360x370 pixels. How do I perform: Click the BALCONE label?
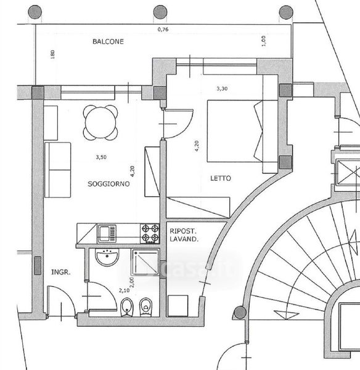coord(108,41)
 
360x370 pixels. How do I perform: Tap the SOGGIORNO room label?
coord(108,184)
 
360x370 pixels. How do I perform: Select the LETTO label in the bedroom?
coord(221,178)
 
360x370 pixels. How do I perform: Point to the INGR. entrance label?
coord(61,273)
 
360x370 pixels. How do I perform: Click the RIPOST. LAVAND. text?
coord(184,235)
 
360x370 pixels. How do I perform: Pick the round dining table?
coord(100,123)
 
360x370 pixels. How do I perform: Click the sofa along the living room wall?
coord(58,170)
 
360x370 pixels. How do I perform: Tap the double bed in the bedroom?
coord(242,131)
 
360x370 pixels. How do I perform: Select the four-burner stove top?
coord(150,233)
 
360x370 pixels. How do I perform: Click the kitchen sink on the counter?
coord(107,234)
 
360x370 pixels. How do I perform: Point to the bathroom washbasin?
coord(107,257)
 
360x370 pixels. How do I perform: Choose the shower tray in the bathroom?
coord(145,262)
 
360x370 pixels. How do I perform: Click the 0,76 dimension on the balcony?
coord(163,30)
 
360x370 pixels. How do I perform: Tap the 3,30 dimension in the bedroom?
coord(222,89)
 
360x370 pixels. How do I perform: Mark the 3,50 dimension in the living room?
coord(101,157)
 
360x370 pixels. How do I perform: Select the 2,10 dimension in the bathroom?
coord(124,290)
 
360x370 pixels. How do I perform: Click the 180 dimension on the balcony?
coord(52,54)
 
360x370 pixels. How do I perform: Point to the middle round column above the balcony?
coord(160,12)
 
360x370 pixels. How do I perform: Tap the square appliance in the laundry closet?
coord(178,306)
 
